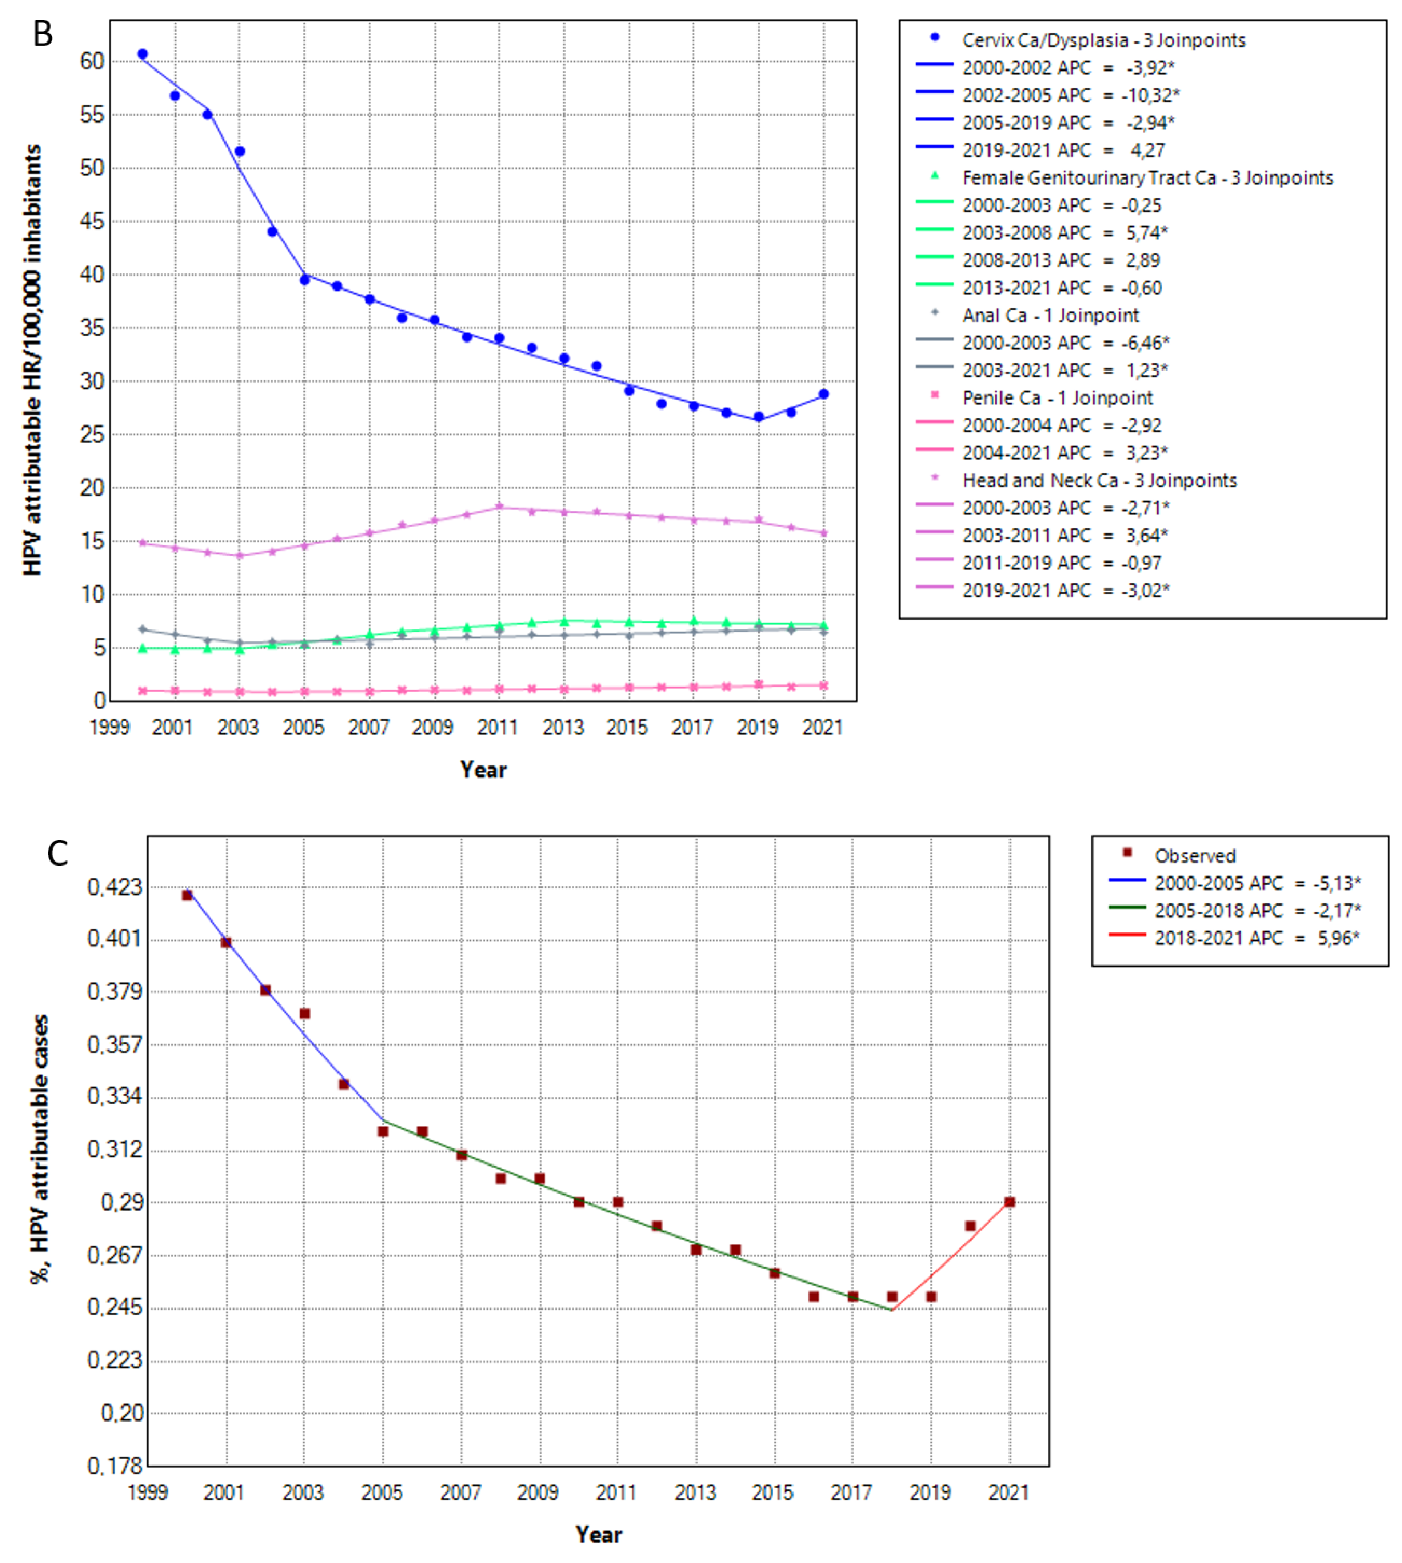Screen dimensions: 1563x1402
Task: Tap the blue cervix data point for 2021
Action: tap(823, 393)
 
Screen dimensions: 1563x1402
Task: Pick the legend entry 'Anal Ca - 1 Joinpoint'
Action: tap(1050, 315)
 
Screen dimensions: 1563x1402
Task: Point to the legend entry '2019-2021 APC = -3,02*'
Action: tap(1065, 590)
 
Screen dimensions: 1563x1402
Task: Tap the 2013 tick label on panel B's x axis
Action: tap(563, 727)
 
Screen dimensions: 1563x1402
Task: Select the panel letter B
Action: tap(43, 34)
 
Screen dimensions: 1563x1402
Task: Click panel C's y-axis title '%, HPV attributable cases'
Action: tap(40, 1149)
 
